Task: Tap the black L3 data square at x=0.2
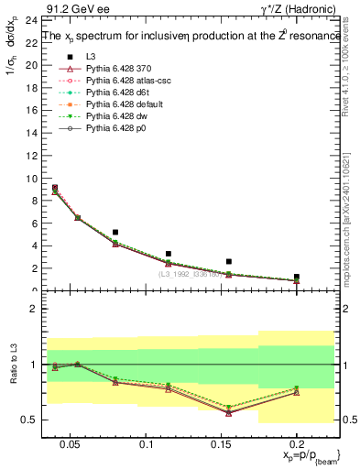tap(296, 277)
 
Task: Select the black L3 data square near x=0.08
tap(115, 233)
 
